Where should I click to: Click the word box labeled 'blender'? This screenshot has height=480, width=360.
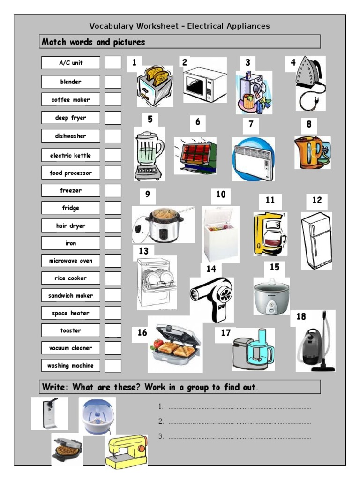[x=70, y=82]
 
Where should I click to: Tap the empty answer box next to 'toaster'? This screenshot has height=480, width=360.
[x=113, y=330]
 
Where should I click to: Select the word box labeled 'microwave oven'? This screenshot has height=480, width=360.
[x=70, y=261]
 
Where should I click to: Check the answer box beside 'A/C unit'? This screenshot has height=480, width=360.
[x=113, y=63]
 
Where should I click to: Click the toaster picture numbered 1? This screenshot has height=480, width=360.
[x=155, y=86]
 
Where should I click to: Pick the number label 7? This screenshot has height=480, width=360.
[x=251, y=124]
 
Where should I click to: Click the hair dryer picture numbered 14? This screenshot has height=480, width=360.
[x=211, y=298]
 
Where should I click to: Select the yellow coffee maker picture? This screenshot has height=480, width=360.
[x=270, y=234]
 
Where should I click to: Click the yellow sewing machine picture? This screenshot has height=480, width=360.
[x=126, y=451]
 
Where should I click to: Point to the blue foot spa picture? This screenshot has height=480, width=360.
[x=97, y=416]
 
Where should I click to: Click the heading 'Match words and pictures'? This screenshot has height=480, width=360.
[x=94, y=42]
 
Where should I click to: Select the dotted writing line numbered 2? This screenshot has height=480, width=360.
[x=239, y=421]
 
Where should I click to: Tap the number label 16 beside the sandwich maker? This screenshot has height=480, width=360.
[x=142, y=333]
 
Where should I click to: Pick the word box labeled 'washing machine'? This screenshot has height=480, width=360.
[x=70, y=366]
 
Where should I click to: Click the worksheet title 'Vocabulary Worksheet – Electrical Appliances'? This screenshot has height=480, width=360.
[x=180, y=26]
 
